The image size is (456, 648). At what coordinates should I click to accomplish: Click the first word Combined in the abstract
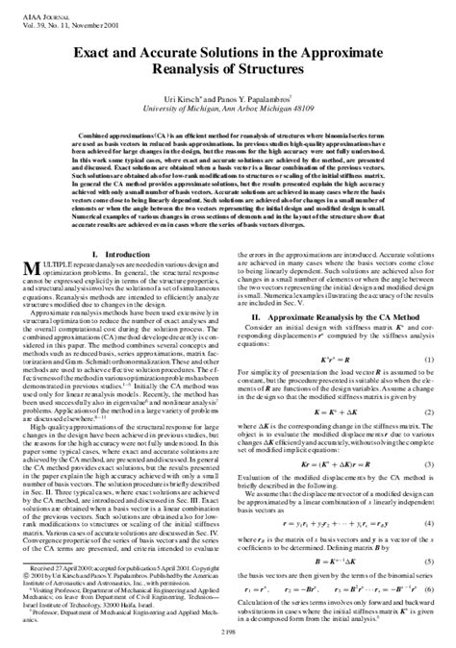click(91, 164)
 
